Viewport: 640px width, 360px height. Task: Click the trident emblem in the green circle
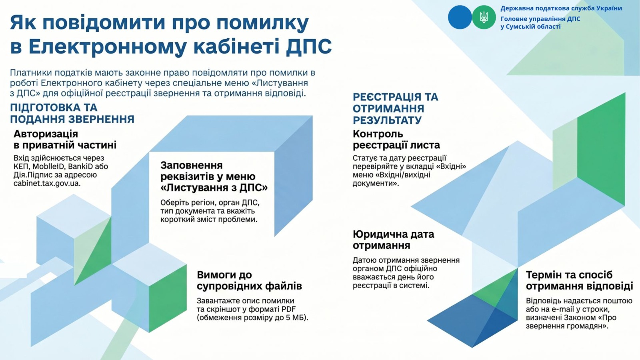[484, 17]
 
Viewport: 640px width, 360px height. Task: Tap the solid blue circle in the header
[460, 17]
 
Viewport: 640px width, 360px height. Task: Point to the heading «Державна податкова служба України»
[561, 8]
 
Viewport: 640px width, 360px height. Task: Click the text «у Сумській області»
[530, 26]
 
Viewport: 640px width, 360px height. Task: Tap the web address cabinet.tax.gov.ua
[47, 183]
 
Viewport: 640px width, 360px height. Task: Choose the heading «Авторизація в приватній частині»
[65, 140]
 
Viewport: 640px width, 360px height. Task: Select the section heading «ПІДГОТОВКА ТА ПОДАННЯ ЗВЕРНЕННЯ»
[72, 114]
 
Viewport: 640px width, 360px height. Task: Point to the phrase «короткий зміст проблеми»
[209, 220]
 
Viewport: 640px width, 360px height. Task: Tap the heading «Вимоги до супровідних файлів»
[250, 280]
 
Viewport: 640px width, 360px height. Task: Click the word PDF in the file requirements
[288, 309]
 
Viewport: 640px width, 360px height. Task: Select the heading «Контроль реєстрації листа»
[396, 140]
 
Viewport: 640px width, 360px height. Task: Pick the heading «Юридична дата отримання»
[394, 240]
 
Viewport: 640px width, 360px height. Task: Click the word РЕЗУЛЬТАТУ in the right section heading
[387, 120]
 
